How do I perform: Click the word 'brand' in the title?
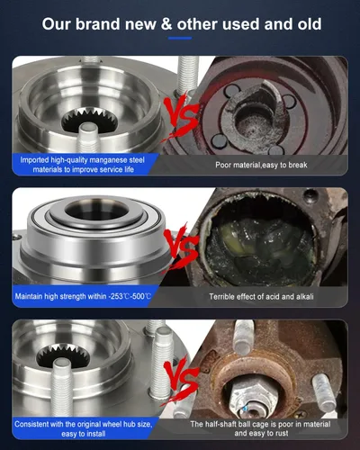[98, 23]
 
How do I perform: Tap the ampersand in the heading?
[166, 24]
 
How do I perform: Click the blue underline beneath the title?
[180, 38]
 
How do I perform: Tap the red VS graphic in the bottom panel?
[180, 381]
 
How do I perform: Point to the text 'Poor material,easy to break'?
[261, 165]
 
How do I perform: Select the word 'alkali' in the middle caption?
[305, 297]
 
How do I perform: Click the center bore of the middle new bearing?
[97, 209]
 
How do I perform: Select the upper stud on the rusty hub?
[243, 337]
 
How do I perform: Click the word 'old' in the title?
[310, 23]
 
